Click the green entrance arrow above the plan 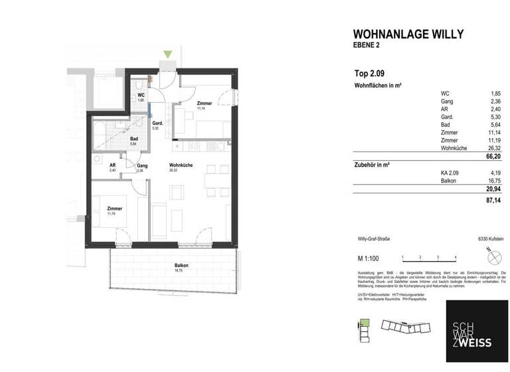[169, 54]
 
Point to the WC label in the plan [141, 95]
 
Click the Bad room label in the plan [133, 138]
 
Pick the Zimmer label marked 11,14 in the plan [204, 104]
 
